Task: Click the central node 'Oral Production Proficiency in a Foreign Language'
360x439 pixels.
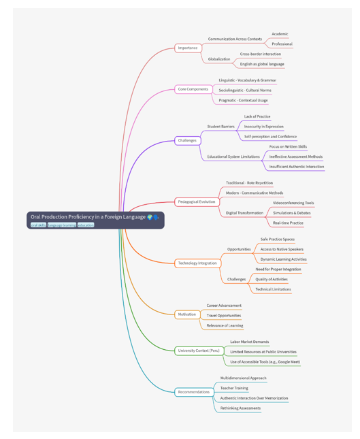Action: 95,220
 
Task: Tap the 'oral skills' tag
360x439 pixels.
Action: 38,225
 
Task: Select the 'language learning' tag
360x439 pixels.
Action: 62,225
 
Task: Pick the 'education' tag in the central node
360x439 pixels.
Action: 86,225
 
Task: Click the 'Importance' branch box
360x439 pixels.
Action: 188,48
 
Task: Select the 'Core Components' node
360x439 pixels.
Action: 193,89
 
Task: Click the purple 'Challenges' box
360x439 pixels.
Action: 188,140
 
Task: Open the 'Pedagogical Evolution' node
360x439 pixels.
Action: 197,201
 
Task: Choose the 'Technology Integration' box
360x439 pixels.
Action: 197,263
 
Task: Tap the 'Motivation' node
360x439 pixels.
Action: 187,314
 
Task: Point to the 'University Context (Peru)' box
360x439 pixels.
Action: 199,351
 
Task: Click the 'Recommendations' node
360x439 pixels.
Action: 194,392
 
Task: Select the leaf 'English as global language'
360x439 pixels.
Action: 262,64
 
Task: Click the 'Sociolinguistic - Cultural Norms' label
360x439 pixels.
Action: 245,90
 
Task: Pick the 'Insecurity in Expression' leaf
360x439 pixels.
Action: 263,127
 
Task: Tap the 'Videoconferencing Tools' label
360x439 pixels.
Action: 293,203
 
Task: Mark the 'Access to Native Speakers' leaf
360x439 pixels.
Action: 282,249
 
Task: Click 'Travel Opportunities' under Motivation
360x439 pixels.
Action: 224,316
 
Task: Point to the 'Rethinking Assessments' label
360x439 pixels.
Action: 240,408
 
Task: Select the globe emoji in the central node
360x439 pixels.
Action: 150,217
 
